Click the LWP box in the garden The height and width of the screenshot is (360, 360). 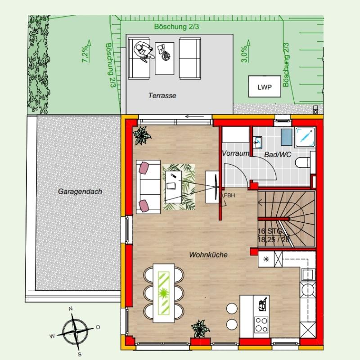click(x=265, y=86)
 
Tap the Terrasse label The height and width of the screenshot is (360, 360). click(x=162, y=95)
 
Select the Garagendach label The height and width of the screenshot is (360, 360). click(x=80, y=191)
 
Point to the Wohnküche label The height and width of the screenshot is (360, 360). click(x=208, y=255)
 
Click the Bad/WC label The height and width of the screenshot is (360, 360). click(x=278, y=154)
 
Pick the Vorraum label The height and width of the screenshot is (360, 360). click(x=235, y=153)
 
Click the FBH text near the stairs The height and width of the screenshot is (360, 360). click(x=229, y=195)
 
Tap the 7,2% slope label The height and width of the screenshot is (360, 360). click(x=85, y=54)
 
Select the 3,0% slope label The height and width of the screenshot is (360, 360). click(x=244, y=54)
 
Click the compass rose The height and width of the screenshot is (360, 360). click(x=75, y=331)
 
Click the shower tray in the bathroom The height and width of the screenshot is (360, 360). click(x=305, y=137)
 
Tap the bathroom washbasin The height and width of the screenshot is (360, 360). click(x=258, y=143)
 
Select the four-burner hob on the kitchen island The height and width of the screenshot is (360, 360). click(x=261, y=324)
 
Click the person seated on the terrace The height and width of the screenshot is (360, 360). click(x=144, y=53)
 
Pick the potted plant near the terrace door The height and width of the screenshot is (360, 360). click(x=142, y=136)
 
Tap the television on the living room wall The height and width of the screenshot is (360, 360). click(x=216, y=187)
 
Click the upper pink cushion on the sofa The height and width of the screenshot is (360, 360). click(x=144, y=167)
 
